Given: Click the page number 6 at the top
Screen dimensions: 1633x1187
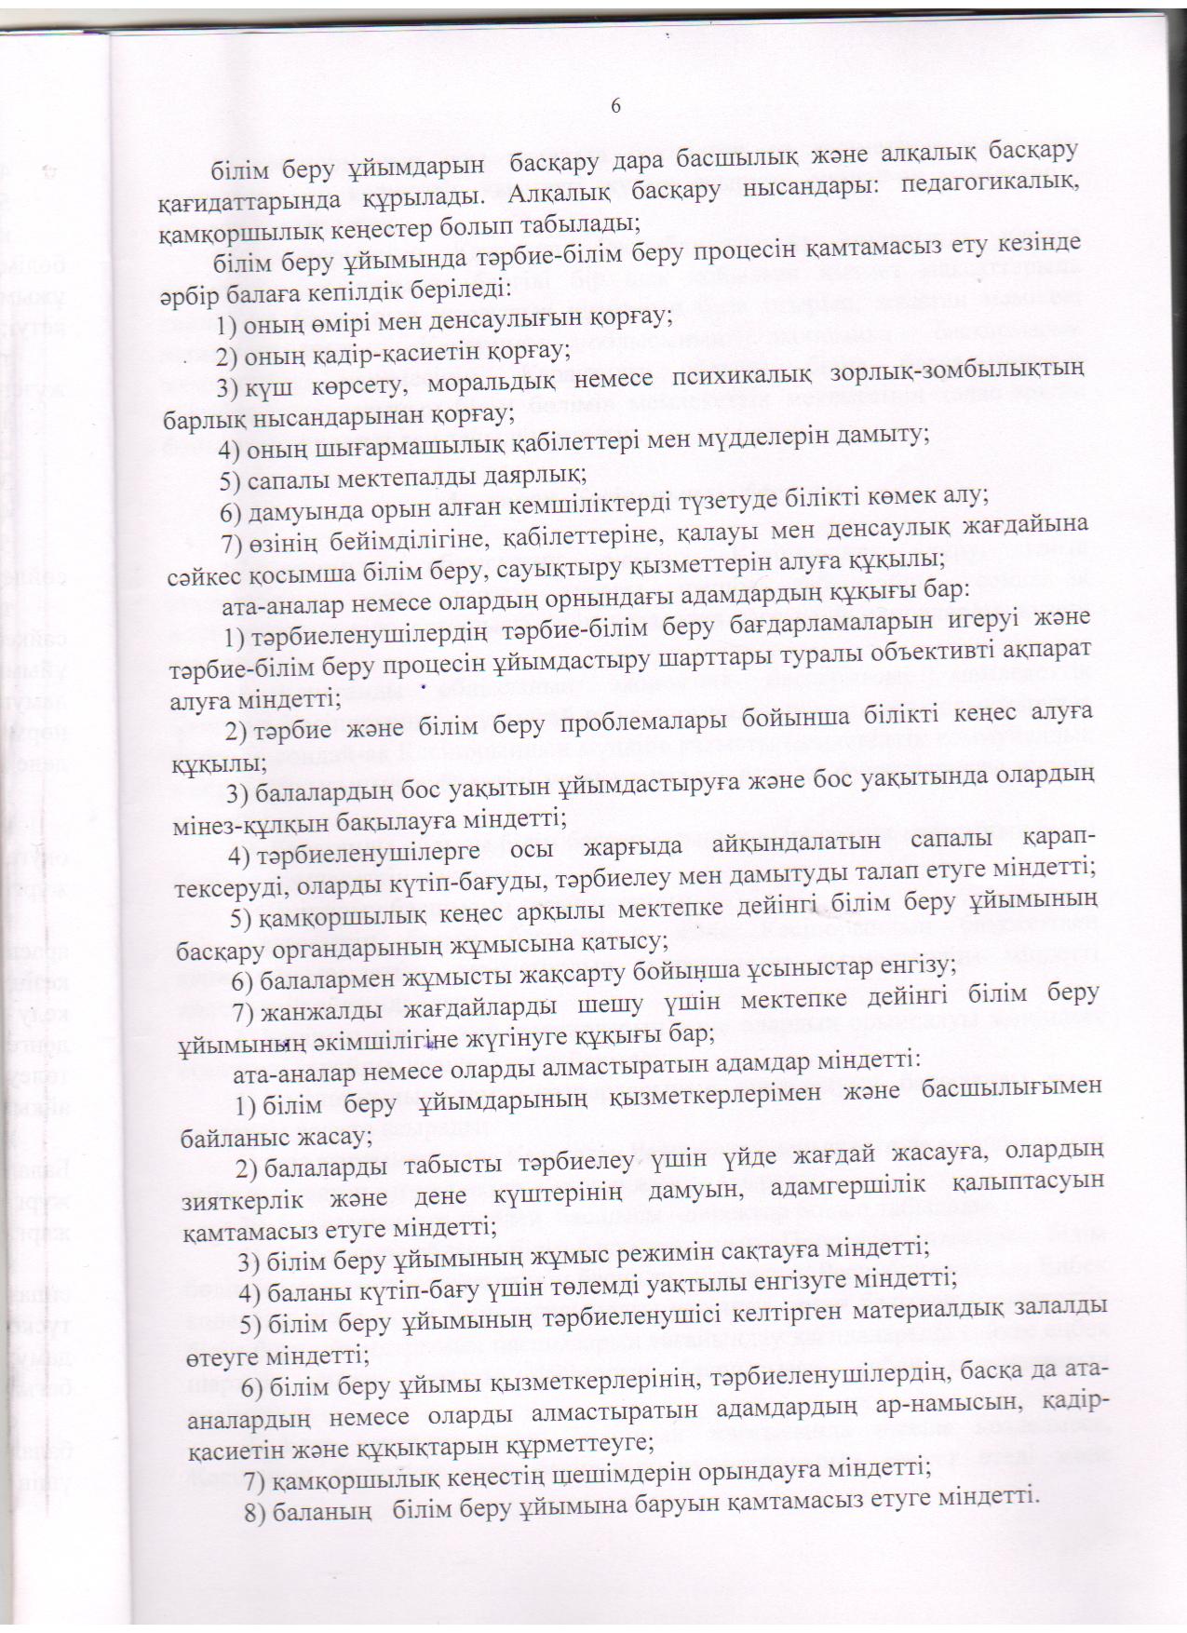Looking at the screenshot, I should (615, 106).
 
